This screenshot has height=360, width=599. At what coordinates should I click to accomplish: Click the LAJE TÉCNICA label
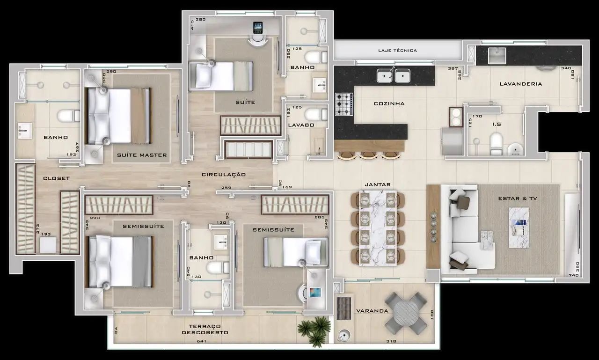click(397, 50)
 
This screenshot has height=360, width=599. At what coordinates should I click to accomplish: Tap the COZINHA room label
click(389, 103)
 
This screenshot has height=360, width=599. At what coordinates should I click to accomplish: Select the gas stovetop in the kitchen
click(344, 104)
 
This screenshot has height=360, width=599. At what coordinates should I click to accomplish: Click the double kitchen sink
click(394, 75)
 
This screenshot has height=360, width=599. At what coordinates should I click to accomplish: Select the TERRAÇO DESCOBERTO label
click(205, 330)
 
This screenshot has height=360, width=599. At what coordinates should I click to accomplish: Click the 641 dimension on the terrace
click(201, 341)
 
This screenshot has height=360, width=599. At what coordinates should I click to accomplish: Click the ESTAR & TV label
click(518, 198)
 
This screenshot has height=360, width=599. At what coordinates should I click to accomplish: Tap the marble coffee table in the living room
click(519, 228)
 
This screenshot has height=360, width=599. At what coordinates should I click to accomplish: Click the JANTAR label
click(378, 184)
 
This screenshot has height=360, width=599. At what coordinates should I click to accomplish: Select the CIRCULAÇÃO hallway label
click(224, 175)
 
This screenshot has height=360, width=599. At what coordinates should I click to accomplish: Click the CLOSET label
click(57, 178)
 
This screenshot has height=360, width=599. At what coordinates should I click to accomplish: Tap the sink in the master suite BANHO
click(25, 131)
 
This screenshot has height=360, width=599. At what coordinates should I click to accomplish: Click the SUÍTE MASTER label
click(142, 155)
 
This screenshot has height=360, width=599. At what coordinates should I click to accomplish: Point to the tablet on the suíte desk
click(258, 28)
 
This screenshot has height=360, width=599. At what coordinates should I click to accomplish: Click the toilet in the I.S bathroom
click(496, 144)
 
